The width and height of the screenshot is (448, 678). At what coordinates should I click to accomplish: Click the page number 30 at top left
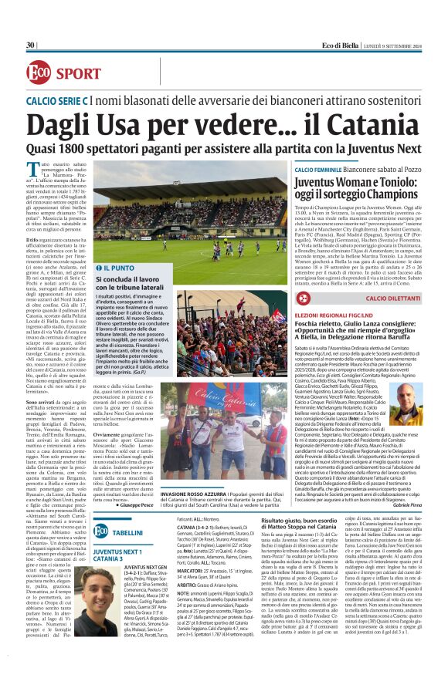pos(30,46)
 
